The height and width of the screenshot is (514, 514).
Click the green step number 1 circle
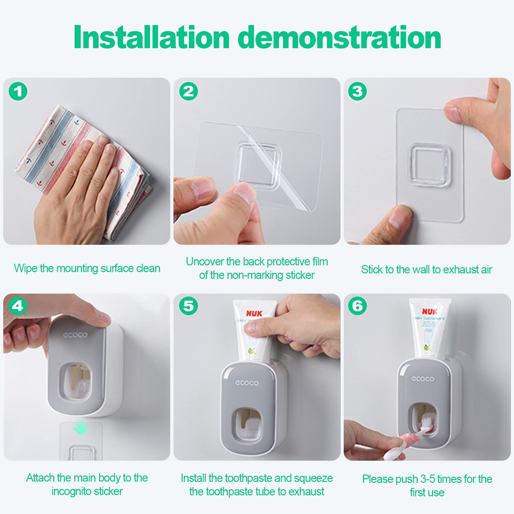(18, 91)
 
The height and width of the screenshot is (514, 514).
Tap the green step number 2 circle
(188, 91)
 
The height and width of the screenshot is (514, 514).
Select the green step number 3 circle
(357, 91)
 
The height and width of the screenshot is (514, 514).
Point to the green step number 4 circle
(18, 306)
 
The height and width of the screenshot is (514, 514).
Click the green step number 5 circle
(188, 306)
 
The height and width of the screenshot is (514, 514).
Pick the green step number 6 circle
(357, 306)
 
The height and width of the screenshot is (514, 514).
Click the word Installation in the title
(151, 38)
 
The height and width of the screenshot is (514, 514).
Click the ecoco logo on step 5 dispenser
(247, 383)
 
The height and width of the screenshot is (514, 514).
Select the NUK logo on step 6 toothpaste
(430, 311)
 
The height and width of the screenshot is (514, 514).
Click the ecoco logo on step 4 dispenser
(75, 335)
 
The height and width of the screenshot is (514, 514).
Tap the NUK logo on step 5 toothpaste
(254, 313)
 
